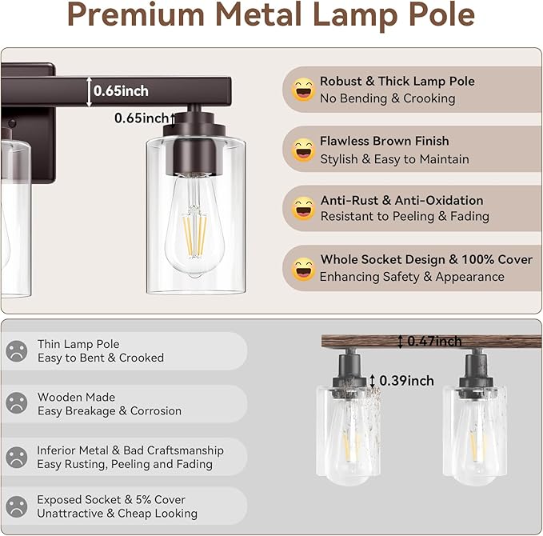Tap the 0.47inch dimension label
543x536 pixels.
pyautogui.click(x=434, y=342)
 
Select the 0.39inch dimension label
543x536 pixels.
pyautogui.click(x=407, y=380)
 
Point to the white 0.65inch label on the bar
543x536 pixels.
pyautogui.click(x=121, y=91)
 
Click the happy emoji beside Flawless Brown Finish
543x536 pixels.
pyautogui.click(x=303, y=150)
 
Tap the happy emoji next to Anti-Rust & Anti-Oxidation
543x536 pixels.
pyautogui.click(x=303, y=209)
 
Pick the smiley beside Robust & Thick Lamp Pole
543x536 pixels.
pyautogui.click(x=303, y=90)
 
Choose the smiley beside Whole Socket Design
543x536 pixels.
pyautogui.click(x=303, y=269)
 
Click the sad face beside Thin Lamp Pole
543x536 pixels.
pyautogui.click(x=16, y=351)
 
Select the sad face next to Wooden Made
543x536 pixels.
pyautogui.click(x=16, y=404)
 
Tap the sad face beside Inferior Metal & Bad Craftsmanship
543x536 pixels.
pyautogui.click(x=16, y=457)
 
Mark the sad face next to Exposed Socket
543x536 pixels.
pyautogui.click(x=16, y=506)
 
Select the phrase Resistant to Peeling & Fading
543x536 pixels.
pyautogui.click(x=405, y=216)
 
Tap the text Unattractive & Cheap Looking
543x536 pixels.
pyautogui.click(x=117, y=514)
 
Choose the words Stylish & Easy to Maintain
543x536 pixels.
pyautogui.click(x=394, y=159)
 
